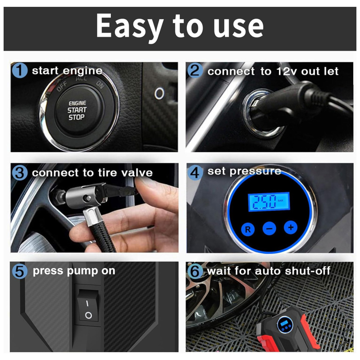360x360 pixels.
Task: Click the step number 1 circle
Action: pos(19,71)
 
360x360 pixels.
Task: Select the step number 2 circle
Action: pos(195,71)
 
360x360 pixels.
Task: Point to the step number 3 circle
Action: pos(19,173)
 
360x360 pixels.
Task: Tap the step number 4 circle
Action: pos(195,173)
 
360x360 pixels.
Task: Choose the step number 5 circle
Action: pos(19,271)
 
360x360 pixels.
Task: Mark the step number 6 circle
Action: pos(195,271)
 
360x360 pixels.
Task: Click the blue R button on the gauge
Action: pos(248,229)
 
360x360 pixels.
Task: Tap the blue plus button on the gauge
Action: pos(291,228)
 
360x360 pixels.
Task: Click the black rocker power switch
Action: pos(89,305)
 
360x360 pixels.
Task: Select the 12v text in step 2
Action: pos(287,71)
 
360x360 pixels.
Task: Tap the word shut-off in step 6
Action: pos(307,271)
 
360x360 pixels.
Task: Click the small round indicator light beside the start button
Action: pos(159,94)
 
